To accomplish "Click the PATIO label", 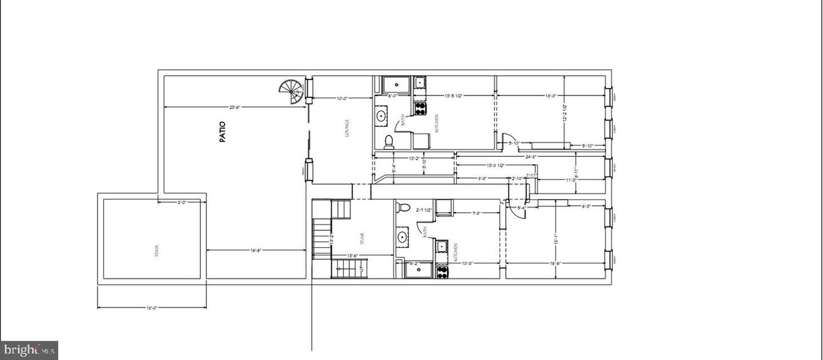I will click(223, 132).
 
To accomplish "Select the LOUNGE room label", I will click(347, 128).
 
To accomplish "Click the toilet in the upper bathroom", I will click(388, 142).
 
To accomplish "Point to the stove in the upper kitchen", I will click(421, 109).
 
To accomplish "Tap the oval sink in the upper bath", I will click(381, 114).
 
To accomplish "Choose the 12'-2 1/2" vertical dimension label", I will click(565, 111).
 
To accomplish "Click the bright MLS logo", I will click(29, 350).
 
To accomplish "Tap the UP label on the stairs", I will click(361, 268).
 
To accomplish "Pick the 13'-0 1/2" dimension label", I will click(495, 165).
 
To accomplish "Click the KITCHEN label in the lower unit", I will click(455, 252).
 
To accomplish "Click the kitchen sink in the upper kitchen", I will click(421, 83).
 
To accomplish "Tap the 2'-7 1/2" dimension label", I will click(424, 210).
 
